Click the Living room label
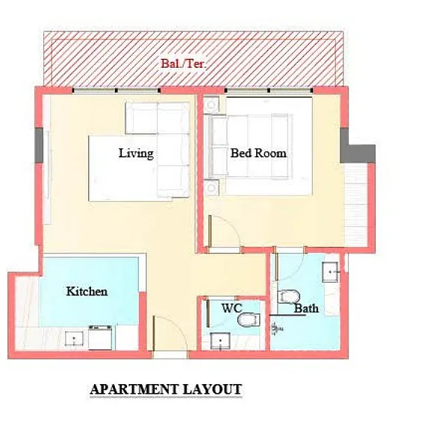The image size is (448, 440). [136, 153]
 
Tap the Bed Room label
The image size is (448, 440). [258, 153]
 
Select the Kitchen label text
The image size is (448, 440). [87, 291]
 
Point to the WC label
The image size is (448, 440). [231, 308]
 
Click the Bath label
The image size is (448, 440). [306, 309]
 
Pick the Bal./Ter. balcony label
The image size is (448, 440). [183, 63]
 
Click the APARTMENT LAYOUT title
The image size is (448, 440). [166, 389]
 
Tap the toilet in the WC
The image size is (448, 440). [249, 320]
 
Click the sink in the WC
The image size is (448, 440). [220, 341]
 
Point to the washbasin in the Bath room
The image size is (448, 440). [330, 272]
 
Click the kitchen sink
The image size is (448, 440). [74, 339]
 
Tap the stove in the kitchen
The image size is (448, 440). [100, 338]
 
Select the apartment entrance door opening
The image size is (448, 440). [170, 355]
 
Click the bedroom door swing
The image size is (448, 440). [225, 231]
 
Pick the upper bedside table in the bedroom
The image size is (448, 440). [212, 104]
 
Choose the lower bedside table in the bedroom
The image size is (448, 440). [212, 187]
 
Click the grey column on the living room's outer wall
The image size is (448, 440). [39, 145]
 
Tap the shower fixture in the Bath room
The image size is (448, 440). [276, 328]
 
